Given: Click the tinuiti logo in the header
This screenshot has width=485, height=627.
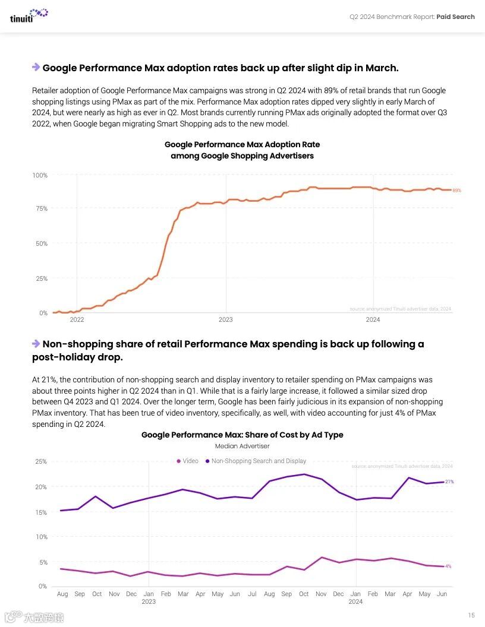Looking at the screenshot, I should click(x=29, y=15).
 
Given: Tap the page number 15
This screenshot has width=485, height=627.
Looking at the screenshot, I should click(x=471, y=615).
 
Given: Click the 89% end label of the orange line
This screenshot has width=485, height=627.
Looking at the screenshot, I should click(x=456, y=191).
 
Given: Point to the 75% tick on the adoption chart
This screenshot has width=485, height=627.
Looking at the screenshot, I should click(x=40, y=208).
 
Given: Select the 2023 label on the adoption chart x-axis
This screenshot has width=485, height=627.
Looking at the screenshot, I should click(x=225, y=319).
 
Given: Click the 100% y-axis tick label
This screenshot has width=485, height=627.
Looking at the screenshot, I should click(x=39, y=175).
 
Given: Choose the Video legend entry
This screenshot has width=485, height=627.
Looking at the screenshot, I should click(x=187, y=461).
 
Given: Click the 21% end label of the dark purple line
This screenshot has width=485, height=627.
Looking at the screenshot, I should click(x=449, y=482).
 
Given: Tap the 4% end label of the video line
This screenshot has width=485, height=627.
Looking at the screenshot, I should click(x=448, y=566).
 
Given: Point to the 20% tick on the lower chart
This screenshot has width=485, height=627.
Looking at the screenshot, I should click(x=40, y=487).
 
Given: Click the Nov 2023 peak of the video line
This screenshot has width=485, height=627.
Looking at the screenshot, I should click(x=321, y=558).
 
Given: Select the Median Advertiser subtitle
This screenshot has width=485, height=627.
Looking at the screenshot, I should click(x=242, y=446).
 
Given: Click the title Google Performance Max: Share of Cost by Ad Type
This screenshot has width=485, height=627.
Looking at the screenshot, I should click(x=242, y=435).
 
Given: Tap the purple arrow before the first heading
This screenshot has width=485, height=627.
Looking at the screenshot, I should click(x=36, y=67).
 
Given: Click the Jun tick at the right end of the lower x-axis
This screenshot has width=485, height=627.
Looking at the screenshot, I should click(x=441, y=594).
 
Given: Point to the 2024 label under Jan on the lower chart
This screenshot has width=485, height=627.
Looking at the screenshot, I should click(x=355, y=601).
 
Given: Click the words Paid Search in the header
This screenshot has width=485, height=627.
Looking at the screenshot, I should click(x=455, y=17).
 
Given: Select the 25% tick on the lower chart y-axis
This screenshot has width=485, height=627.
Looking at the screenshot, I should click(x=40, y=461).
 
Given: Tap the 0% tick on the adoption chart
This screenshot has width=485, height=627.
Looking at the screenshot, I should click(x=43, y=313).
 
